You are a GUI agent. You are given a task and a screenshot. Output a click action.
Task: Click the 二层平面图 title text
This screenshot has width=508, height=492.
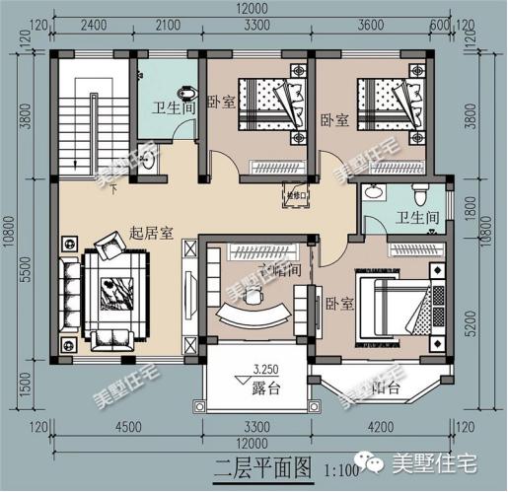tap(251, 462)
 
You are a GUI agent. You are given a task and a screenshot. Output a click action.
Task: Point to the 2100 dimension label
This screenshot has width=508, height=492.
tap(168, 24)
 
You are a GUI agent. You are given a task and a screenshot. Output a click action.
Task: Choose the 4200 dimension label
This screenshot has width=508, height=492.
tap(380, 429)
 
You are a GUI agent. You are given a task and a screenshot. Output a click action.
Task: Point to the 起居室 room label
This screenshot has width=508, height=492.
tap(152, 234)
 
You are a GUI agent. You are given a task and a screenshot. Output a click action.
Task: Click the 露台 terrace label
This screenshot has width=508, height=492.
tap(265, 388)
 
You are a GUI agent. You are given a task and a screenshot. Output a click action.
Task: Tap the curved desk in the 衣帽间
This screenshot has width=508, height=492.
tap(255, 316)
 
